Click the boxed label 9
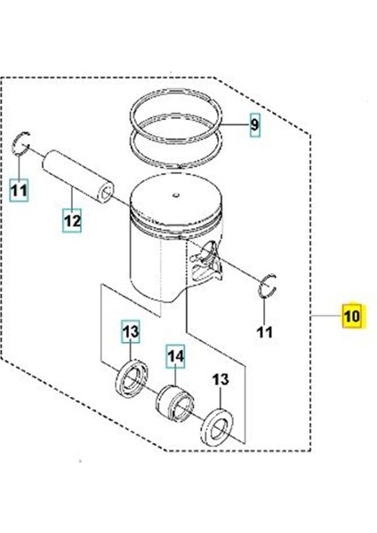tap(254, 126)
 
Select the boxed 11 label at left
tap(20, 188)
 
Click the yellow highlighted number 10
tap(352, 315)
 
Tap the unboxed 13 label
tap(220, 379)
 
